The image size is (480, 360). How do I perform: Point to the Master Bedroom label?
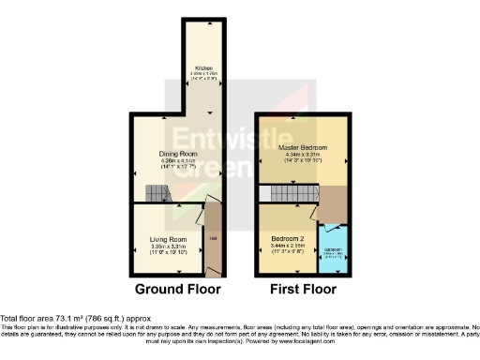point(300,149)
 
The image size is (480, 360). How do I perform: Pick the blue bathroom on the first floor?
point(334,250)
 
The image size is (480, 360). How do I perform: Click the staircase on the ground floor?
point(157,193)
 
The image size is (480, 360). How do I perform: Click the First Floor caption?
point(304,290)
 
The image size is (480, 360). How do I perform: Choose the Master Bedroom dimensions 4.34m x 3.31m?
point(300,157)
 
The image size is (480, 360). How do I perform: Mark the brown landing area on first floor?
point(334,201)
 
